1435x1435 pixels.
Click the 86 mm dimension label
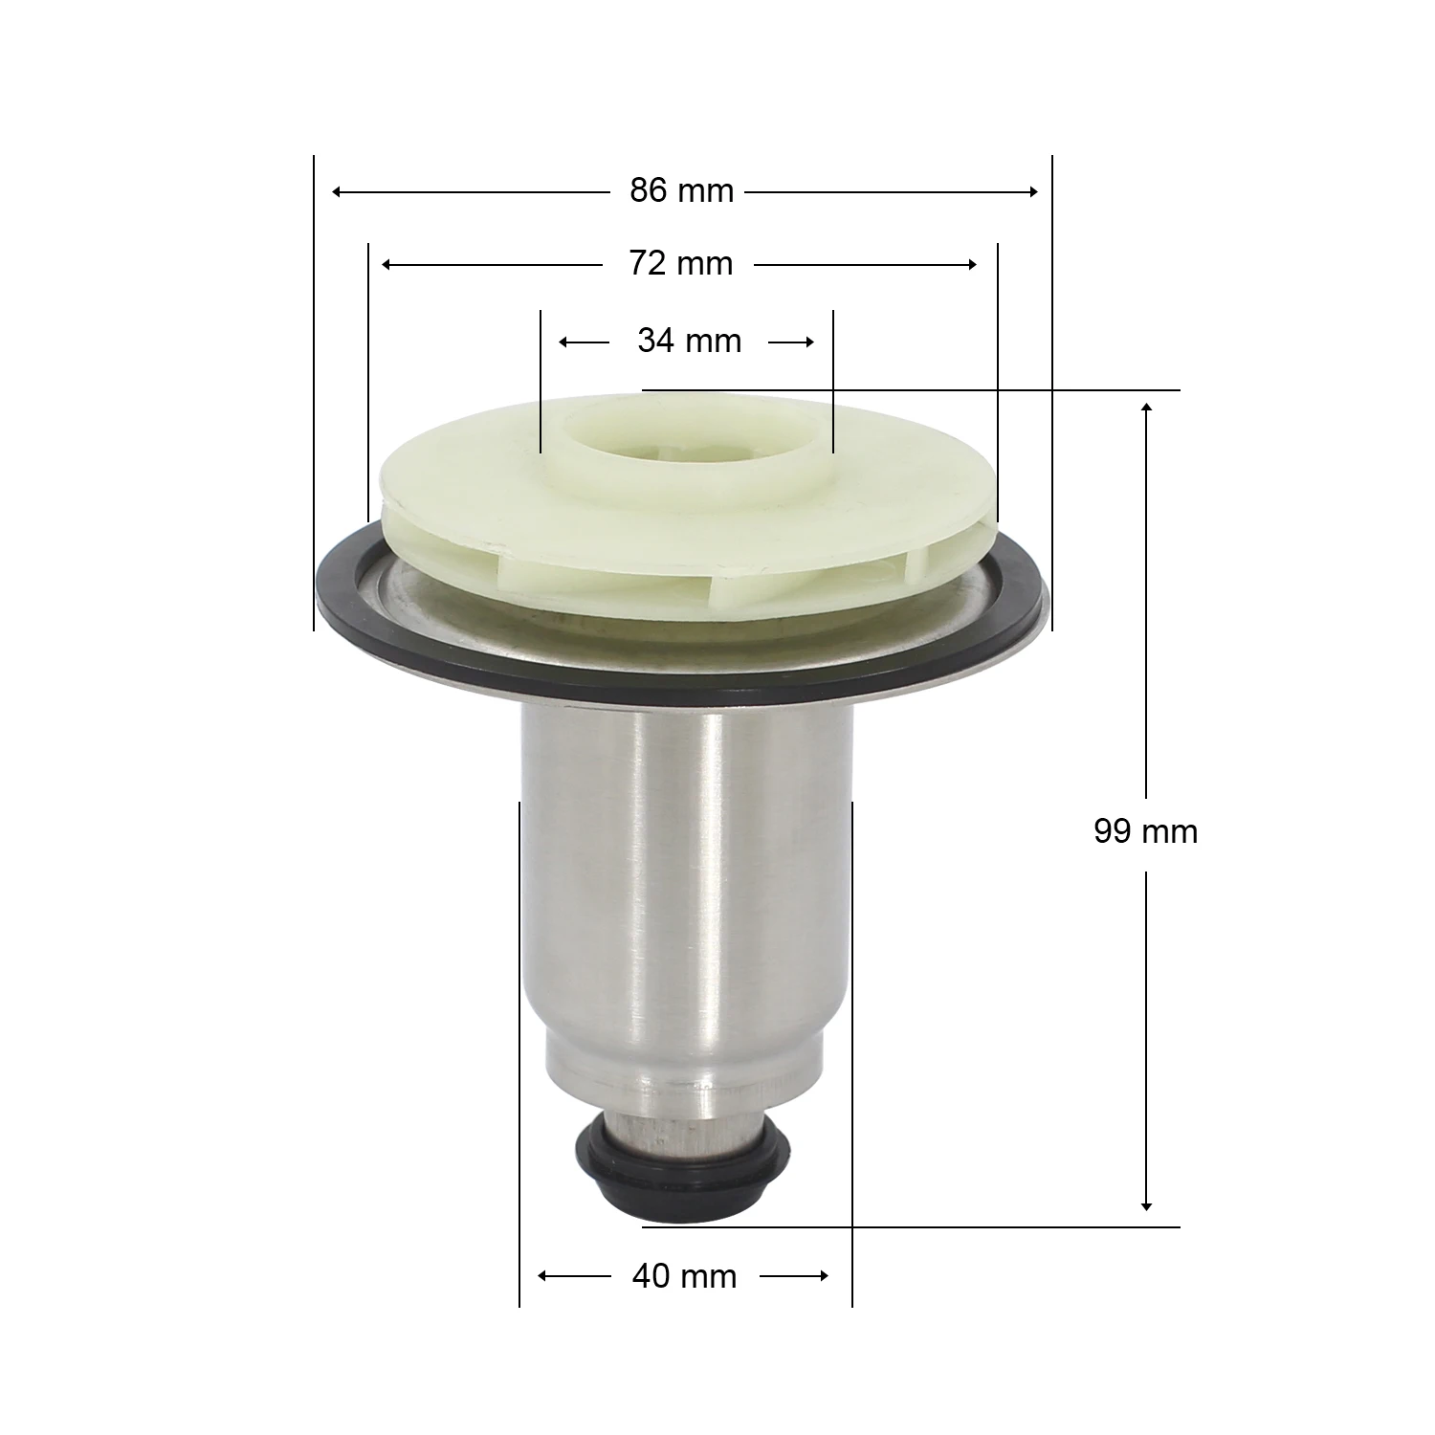tap(681, 191)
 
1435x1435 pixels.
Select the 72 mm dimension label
tap(680, 263)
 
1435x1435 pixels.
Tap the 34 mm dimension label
tap(689, 341)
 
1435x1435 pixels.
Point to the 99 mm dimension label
tap(1145, 831)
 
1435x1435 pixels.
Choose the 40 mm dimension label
tap(684, 1276)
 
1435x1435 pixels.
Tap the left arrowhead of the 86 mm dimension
tap(337, 192)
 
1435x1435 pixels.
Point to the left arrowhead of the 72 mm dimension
tap(386, 264)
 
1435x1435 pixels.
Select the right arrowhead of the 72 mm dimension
tap(972, 264)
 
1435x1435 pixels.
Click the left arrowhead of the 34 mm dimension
tap(564, 342)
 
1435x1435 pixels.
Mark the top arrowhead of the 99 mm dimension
tap(1146, 408)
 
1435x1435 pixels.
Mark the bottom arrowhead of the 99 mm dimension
tap(1146, 1206)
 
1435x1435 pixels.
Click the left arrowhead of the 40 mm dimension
tap(543, 1276)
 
